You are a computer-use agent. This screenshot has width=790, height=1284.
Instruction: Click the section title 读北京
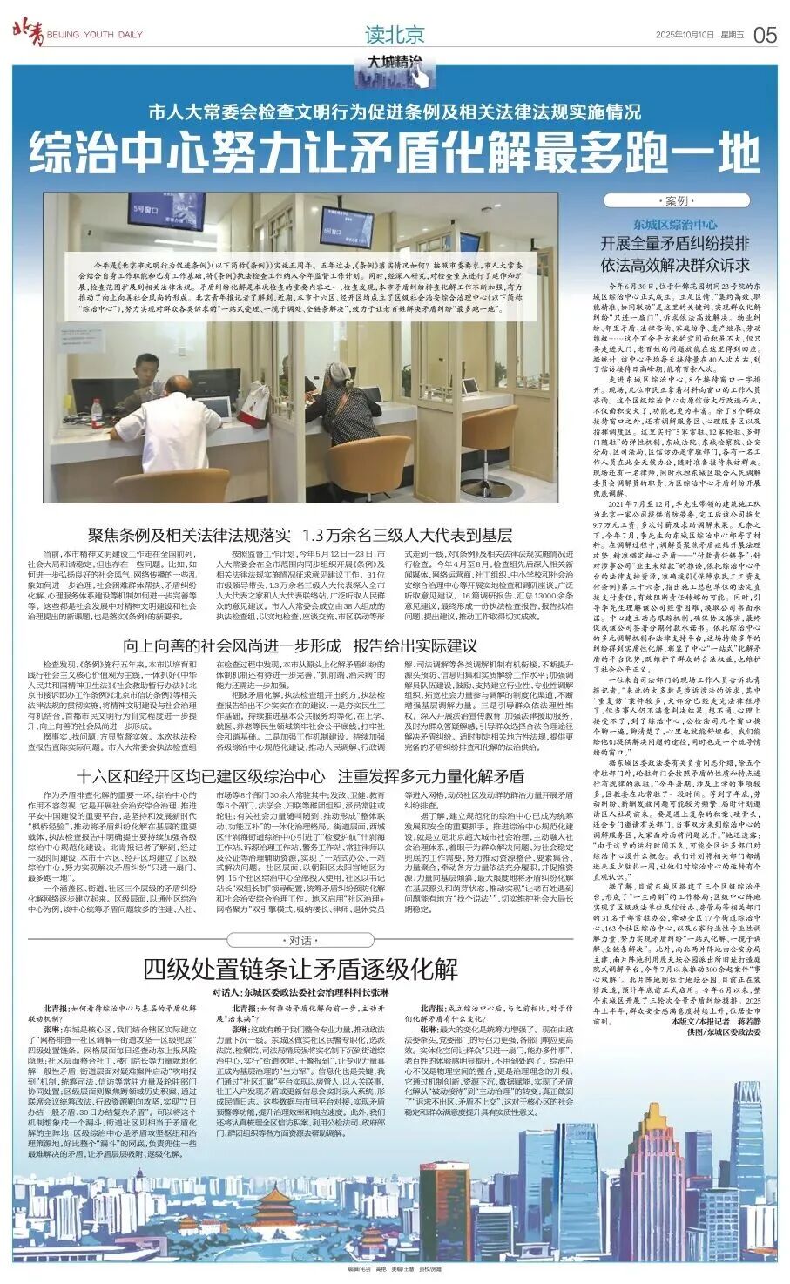395,35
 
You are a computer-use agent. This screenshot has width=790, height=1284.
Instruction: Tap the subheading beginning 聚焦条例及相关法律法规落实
299,535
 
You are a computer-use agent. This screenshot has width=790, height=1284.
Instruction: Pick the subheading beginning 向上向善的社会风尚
300,645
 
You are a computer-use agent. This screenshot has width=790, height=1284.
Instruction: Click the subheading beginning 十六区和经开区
300,776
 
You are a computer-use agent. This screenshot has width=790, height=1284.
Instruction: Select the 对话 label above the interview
299,940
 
